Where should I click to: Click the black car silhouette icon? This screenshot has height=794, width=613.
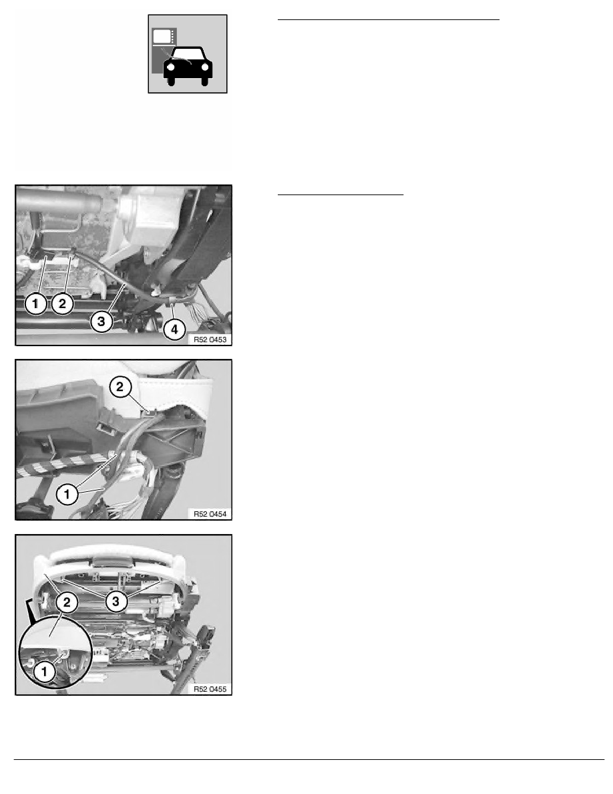coord(188,66)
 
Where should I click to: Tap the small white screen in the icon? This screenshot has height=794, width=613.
coord(162,36)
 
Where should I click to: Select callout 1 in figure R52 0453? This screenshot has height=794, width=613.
coord(35,304)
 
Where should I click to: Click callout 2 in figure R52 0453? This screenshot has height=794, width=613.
coord(62,304)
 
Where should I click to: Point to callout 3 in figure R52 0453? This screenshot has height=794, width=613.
coord(101,321)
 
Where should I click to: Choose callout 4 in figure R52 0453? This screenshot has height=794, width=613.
coord(174,329)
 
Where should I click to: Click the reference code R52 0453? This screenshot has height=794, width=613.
coord(210,340)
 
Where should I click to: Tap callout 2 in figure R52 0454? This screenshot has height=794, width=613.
coord(120,388)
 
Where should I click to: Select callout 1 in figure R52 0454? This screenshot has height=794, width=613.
coord(67,494)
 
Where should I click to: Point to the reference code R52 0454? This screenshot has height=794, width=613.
coord(210,514)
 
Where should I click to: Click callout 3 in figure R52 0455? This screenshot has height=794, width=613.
coord(116,601)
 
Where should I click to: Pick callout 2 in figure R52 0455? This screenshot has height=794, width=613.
coord(67,603)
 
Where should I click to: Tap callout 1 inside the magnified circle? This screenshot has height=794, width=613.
coord(44,672)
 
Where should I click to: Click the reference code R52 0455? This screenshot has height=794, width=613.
coord(210,689)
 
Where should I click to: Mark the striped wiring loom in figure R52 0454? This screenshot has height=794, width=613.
coord(63,465)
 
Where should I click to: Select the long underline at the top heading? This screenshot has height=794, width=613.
coord(389,20)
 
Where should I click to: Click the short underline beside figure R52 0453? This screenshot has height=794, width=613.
coord(341,194)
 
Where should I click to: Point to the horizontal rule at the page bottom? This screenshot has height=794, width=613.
coord(309,759)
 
